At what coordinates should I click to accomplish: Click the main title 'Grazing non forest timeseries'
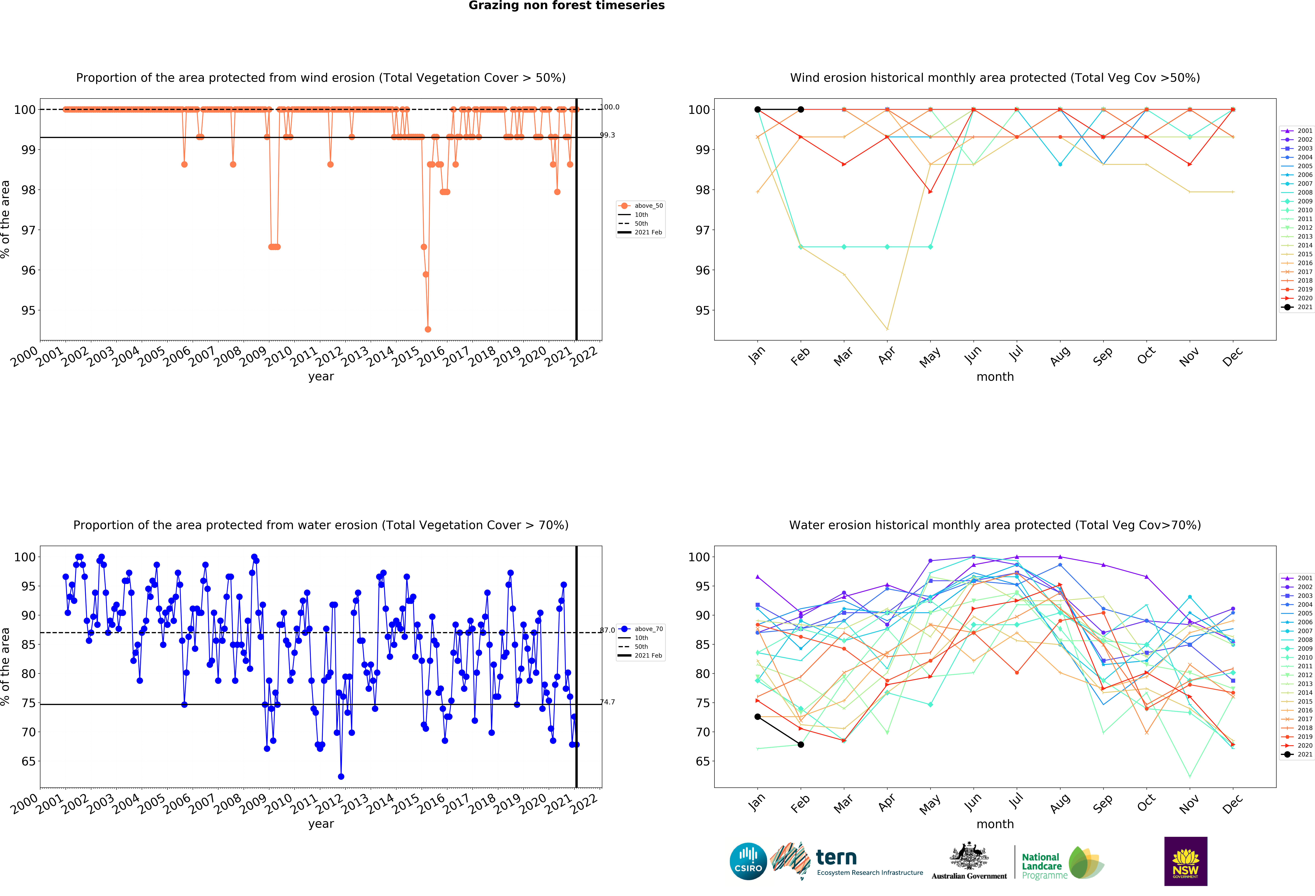[566, 6]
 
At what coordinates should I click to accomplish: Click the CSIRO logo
[748, 862]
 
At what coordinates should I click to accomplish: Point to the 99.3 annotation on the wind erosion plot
[607, 135]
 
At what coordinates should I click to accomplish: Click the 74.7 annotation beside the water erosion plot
[607, 702]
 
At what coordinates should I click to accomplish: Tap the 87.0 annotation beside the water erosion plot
[607, 630]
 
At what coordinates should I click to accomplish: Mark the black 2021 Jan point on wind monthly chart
[758, 109]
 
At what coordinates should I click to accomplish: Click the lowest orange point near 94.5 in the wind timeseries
[428, 329]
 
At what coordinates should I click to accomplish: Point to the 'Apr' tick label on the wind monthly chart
[887, 355]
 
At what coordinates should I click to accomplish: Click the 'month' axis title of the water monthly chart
[995, 824]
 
